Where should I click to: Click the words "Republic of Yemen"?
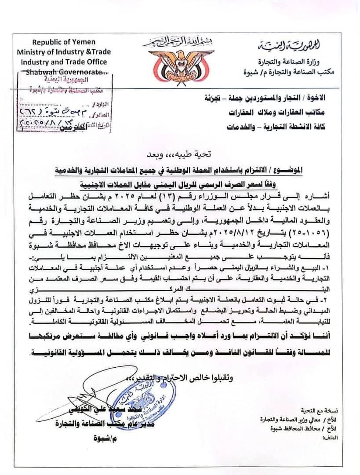click(63, 42)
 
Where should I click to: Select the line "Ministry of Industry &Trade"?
click(64, 51)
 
